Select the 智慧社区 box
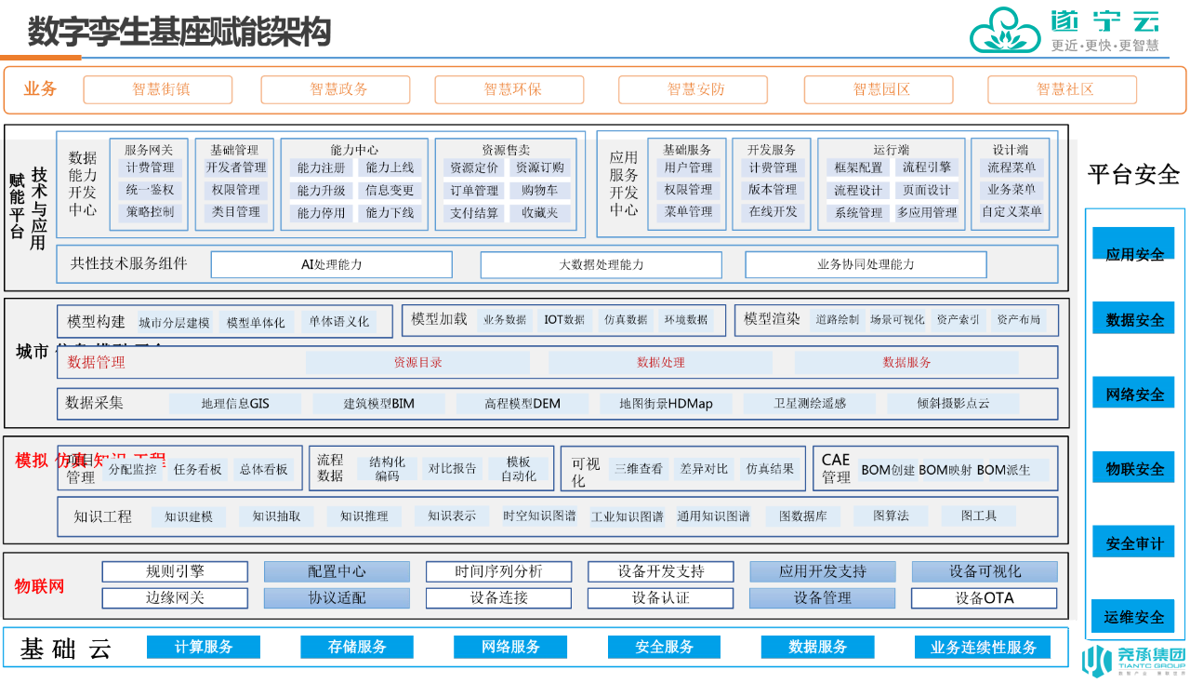[1062, 89]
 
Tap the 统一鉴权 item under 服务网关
[149, 190]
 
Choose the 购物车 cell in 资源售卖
[540, 191]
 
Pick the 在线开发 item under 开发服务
[773, 211]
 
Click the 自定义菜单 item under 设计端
[1011, 211]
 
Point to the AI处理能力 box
[331, 264]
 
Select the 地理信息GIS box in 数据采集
[235, 404]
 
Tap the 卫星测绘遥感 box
[810, 404]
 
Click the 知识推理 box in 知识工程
[364, 516]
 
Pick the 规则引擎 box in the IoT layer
[175, 571]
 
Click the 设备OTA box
[984, 598]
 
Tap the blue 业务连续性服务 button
[983, 647]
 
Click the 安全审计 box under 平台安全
[1133, 542]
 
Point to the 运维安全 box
[1133, 616]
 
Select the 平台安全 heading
[1133, 174]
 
